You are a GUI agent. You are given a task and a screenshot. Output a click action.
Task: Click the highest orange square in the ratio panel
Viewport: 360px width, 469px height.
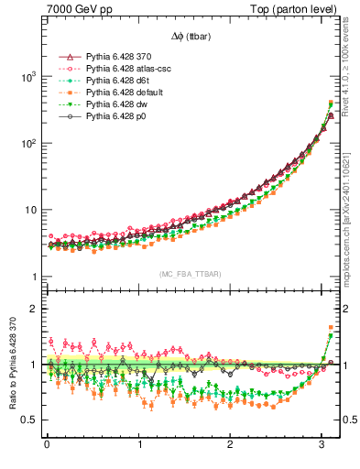tap(331, 327)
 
